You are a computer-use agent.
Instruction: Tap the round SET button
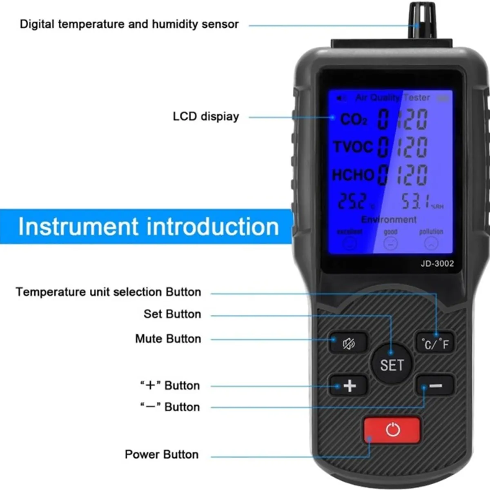pyautogui.click(x=392, y=364)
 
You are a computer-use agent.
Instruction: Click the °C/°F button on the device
pyautogui.click(x=435, y=344)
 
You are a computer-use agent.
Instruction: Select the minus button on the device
pyautogui.click(x=435, y=385)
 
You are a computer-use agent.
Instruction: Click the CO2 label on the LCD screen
pyautogui.click(x=354, y=120)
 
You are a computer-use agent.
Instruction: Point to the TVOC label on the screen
pyautogui.click(x=353, y=147)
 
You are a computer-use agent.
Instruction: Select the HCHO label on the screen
pyautogui.click(x=353, y=175)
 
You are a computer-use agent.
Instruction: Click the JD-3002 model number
pyautogui.click(x=437, y=263)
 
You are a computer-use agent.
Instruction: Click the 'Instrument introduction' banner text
pyautogui.click(x=148, y=227)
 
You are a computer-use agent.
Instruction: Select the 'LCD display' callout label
pyautogui.click(x=206, y=116)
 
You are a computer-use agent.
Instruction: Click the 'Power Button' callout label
pyautogui.click(x=162, y=454)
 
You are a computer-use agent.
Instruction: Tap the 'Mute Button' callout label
pyautogui.click(x=168, y=339)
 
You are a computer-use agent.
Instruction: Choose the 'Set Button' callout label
pyautogui.click(x=172, y=314)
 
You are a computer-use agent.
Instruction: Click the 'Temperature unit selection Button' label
pyautogui.click(x=109, y=292)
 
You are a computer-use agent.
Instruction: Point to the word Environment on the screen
pyautogui.click(x=389, y=220)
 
